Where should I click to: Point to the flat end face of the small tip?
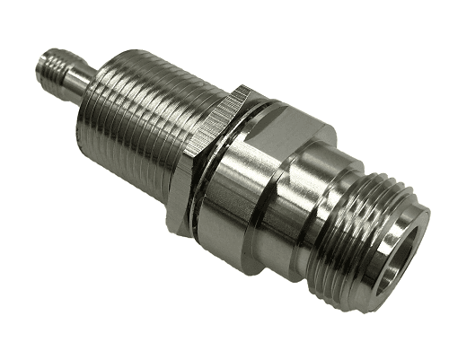pos(41,65)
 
